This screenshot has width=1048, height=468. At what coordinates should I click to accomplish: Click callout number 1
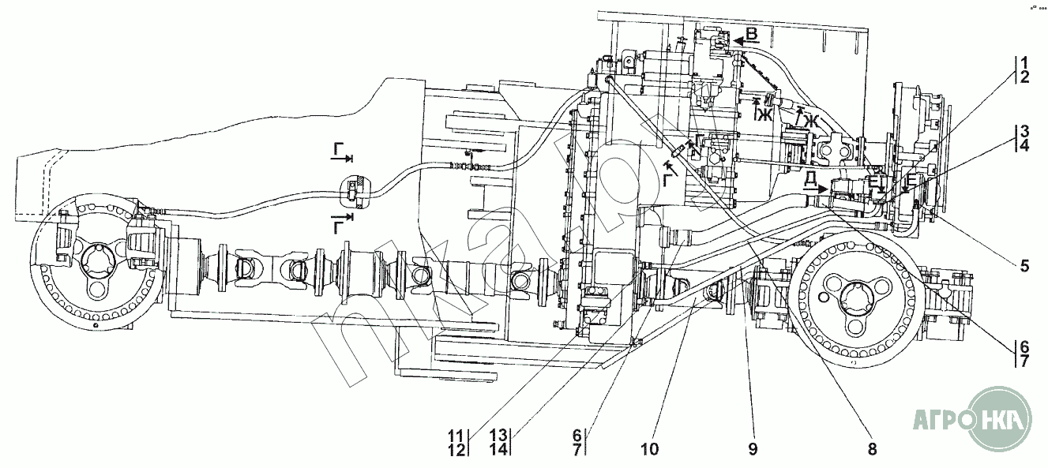[x=1023, y=62]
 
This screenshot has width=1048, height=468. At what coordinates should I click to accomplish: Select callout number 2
[x=1023, y=77]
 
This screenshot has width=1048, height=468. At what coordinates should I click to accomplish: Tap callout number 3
[x=1023, y=130]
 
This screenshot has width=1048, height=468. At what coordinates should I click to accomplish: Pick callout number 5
[x=1024, y=267]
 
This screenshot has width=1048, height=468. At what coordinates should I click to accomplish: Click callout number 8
[x=872, y=449]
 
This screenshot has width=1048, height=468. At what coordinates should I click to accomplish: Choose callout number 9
[x=752, y=449]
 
